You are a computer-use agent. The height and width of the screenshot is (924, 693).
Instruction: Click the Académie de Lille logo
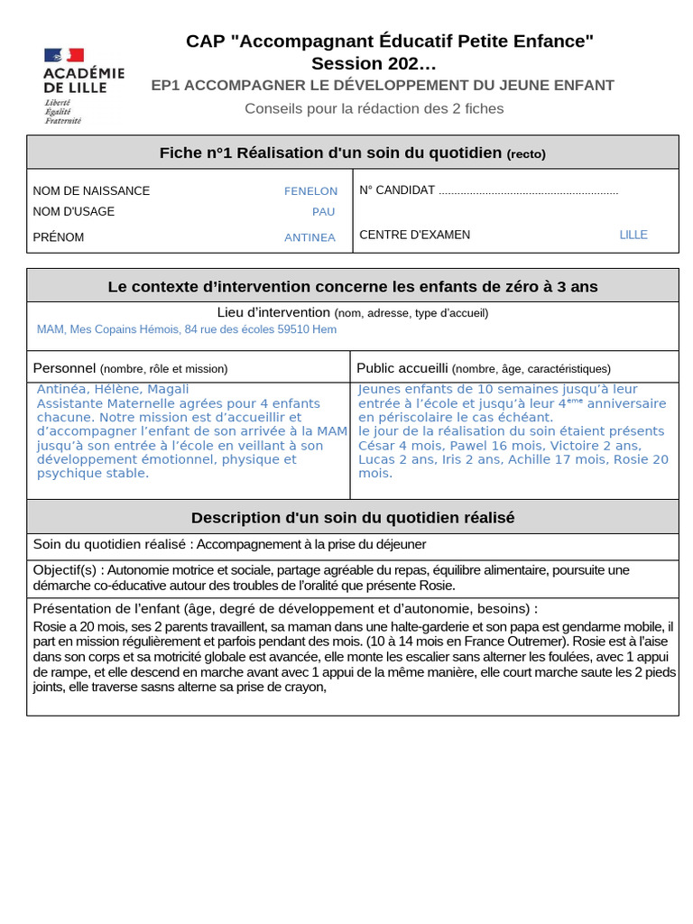(x=83, y=86)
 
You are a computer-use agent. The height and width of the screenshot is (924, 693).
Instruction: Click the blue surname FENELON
(x=310, y=191)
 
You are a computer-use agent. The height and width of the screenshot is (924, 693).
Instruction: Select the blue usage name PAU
(x=323, y=212)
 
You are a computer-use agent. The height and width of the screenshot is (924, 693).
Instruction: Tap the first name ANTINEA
(x=310, y=237)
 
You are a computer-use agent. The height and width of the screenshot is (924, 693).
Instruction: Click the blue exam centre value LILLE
(x=633, y=235)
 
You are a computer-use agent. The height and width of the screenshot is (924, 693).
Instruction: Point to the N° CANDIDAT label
(x=397, y=190)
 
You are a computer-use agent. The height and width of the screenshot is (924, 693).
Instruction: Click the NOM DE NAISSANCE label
(x=91, y=191)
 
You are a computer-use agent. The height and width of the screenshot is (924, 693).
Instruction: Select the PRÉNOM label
(x=59, y=237)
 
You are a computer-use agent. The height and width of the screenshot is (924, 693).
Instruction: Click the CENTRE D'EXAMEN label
(x=414, y=235)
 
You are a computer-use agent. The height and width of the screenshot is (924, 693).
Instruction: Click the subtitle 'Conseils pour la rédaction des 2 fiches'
(x=374, y=109)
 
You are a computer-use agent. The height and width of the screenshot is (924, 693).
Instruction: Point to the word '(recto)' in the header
(x=525, y=154)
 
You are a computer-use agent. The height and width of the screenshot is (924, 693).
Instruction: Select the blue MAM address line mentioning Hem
(x=186, y=329)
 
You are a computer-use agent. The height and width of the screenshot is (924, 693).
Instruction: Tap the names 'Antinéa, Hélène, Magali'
(x=113, y=389)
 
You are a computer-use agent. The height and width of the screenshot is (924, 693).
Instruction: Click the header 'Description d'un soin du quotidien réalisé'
(x=352, y=518)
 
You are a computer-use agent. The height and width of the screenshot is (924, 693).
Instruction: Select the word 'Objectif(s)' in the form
(x=67, y=570)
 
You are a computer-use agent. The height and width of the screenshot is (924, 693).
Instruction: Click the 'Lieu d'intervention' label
(x=273, y=312)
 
